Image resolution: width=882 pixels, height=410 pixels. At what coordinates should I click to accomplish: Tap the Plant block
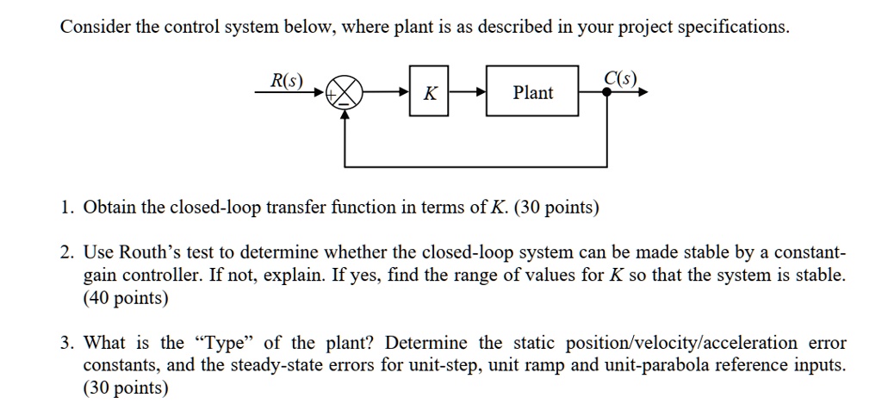[533, 93]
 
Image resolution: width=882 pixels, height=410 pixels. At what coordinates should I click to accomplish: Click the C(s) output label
[620, 79]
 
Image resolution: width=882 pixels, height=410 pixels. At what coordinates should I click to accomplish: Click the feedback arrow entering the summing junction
[346, 116]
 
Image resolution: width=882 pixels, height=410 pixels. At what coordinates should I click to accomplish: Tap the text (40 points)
[126, 299]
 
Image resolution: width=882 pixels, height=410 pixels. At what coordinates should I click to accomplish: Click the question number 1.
[65, 208]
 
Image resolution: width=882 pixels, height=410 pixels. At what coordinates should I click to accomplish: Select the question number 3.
[65, 343]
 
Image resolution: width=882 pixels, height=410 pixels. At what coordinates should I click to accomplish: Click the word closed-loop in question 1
[211, 208]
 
